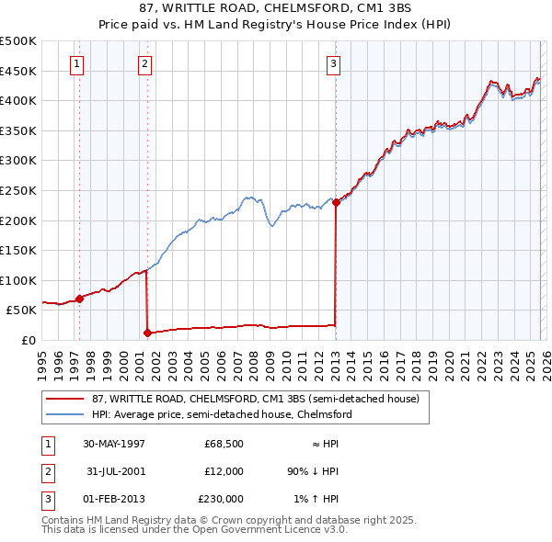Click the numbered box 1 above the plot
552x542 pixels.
[x=76, y=63]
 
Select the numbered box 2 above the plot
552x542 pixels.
[x=145, y=63]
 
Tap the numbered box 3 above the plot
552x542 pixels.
[x=333, y=63]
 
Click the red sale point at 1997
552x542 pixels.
[x=80, y=299]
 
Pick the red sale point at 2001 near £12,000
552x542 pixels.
[x=147, y=333]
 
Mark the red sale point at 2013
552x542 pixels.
[x=336, y=203]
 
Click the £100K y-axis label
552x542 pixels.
[x=19, y=280]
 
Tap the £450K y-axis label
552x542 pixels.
[x=19, y=71]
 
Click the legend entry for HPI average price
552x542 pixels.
[x=221, y=414]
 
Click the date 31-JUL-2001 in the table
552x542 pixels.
[x=114, y=471]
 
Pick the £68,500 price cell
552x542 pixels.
[x=224, y=444]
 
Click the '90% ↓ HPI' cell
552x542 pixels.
[x=314, y=471]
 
